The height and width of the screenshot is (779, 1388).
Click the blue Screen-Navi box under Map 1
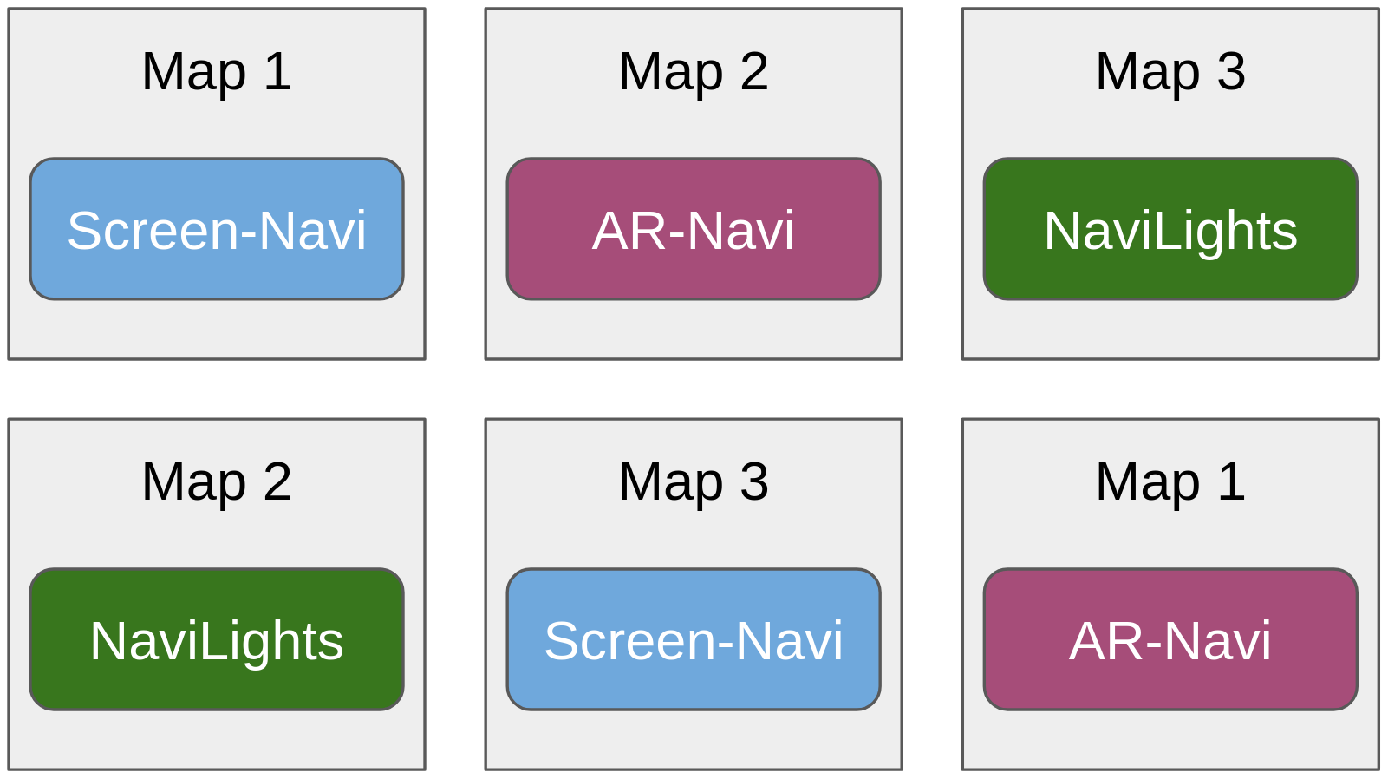217,229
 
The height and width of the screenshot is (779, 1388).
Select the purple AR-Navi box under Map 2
694,229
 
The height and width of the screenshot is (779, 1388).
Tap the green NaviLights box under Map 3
1170,229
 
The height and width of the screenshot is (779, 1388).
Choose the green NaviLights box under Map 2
217,639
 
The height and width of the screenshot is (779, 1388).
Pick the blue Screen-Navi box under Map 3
694,639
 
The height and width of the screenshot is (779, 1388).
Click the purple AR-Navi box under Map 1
1170,639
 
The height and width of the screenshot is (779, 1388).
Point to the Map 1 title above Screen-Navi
217,71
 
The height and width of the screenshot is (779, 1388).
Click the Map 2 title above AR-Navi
694,71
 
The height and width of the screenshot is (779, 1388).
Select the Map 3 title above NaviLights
1170,71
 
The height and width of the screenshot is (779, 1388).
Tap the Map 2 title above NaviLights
217,481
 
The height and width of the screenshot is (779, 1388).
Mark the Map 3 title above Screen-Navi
694,481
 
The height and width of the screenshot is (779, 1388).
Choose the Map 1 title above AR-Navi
1170,481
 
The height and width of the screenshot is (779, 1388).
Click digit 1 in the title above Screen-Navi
277,71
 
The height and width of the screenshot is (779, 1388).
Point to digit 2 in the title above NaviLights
277,481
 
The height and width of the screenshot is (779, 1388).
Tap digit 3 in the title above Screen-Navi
754,481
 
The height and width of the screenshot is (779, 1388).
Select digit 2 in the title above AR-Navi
754,71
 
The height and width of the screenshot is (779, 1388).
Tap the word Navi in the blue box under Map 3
789,641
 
